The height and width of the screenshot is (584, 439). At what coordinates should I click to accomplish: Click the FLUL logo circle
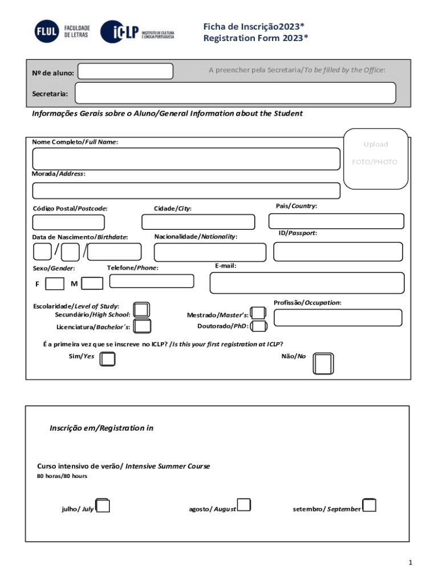tap(47, 31)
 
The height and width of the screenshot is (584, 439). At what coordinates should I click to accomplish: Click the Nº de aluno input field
tap(125, 71)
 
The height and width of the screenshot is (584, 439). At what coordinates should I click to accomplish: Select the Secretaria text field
tap(235, 93)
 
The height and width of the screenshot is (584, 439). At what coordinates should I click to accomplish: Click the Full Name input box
tap(186, 159)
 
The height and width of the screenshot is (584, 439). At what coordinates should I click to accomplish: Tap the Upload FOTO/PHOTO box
tap(375, 159)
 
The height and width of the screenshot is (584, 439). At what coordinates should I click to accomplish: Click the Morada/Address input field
tap(186, 190)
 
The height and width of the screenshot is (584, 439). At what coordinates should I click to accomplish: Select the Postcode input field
tap(68, 222)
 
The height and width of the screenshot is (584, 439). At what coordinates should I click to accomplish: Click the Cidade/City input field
tap(198, 222)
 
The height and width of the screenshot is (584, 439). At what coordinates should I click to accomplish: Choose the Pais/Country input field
tap(336, 221)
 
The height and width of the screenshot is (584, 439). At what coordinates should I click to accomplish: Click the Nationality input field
tap(210, 252)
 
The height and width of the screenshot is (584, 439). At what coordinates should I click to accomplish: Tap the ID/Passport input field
tap(338, 252)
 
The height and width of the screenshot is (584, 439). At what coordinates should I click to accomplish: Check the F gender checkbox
tap(55, 283)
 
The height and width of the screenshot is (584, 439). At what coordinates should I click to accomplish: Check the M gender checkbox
tap(92, 283)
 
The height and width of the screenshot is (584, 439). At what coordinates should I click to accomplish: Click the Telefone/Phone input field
tap(152, 281)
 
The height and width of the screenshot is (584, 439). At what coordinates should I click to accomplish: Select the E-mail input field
tap(307, 283)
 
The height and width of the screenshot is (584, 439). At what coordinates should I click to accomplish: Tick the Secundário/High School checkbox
tap(141, 310)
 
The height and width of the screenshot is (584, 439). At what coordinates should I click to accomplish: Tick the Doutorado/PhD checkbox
tap(259, 326)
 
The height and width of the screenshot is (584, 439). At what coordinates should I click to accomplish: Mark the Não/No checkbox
tap(323, 363)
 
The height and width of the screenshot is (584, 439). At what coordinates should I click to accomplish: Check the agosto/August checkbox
tap(244, 505)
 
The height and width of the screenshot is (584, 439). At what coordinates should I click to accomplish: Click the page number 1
tap(410, 563)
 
